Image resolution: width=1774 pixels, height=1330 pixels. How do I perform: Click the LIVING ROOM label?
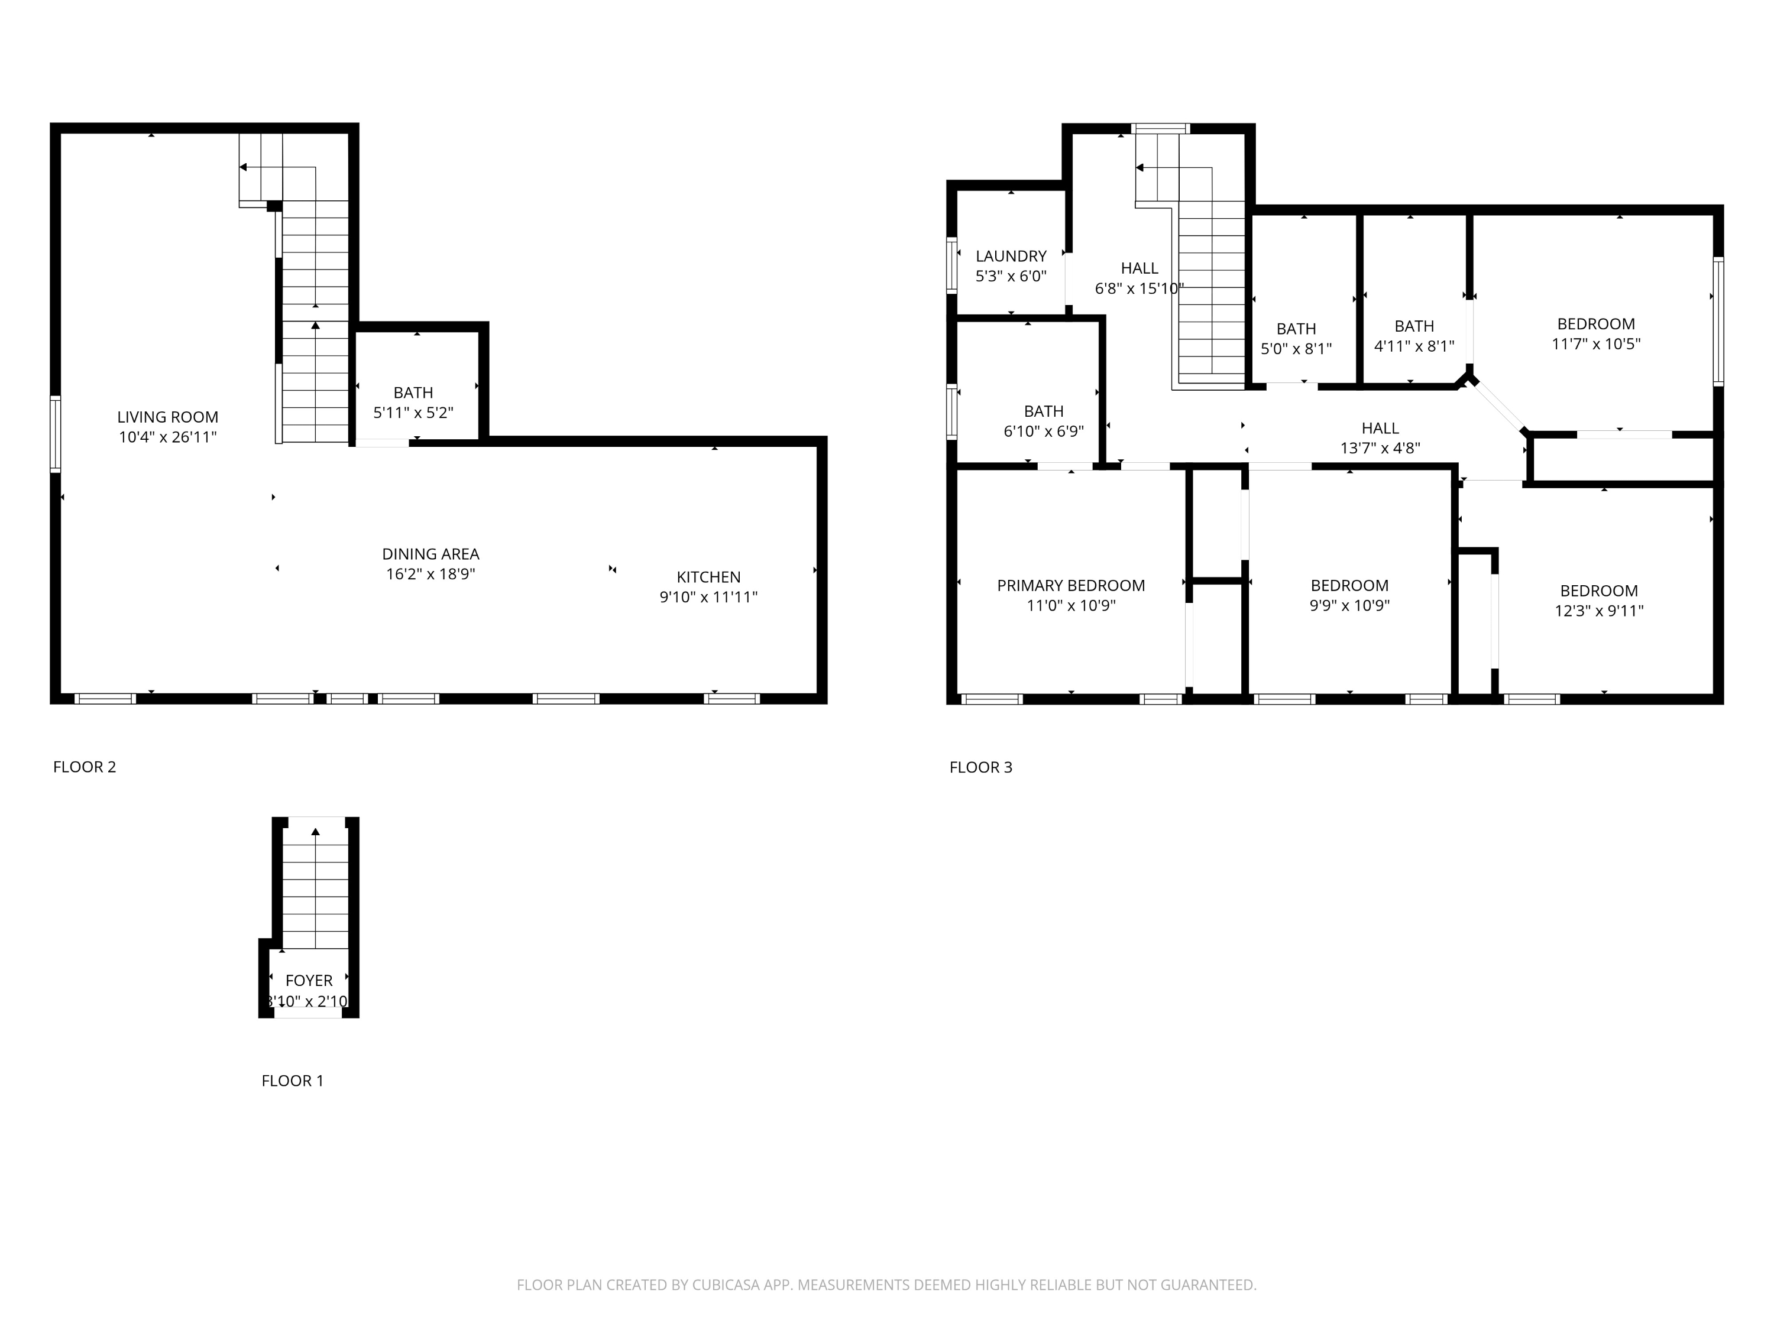[167, 417]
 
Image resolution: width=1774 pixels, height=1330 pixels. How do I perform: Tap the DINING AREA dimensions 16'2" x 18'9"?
[430, 574]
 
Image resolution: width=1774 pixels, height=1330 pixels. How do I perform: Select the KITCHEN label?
[708, 577]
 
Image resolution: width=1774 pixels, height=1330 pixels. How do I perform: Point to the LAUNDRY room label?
[1011, 257]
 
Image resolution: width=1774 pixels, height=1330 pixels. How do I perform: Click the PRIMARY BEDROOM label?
[1071, 586]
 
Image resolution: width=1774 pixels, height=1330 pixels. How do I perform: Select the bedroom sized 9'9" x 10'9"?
[1349, 595]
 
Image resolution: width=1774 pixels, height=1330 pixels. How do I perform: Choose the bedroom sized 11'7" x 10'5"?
[1595, 333]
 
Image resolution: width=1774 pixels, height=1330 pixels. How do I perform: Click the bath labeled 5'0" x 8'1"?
[1296, 338]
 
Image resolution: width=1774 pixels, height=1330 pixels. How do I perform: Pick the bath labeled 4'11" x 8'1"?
[1414, 336]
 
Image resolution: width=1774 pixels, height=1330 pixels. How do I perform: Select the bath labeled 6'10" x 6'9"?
[1043, 421]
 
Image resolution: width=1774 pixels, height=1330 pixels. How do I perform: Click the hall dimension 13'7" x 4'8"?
[1380, 448]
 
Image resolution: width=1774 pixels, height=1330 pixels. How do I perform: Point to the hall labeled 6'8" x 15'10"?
[1139, 278]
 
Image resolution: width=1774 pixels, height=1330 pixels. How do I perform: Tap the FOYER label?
[309, 981]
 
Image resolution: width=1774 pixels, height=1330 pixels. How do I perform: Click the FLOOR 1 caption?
[292, 1081]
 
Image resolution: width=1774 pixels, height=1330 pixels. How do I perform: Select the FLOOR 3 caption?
[980, 767]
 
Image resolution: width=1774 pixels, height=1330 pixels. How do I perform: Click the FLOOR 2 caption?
[84, 767]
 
